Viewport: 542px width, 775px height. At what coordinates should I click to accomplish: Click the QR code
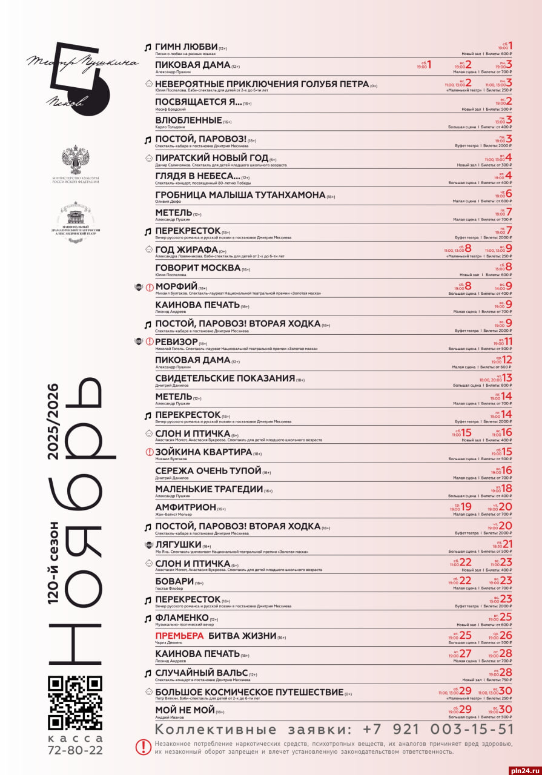pos(75,702)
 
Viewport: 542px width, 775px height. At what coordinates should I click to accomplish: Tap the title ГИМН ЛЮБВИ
pos(186,47)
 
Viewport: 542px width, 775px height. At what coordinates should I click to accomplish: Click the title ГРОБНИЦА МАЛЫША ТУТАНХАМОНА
pos(240,195)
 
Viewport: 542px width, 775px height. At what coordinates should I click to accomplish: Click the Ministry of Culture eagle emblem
pos(75,160)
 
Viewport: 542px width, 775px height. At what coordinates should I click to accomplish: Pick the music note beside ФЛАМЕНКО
pos(147,618)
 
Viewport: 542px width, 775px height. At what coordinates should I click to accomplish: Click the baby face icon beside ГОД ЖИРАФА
pos(148,249)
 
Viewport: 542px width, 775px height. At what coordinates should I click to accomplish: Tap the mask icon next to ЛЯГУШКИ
pos(148,545)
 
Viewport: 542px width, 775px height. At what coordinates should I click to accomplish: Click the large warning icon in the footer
pos(143,747)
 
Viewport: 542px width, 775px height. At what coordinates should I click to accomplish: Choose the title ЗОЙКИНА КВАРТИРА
pos(203,452)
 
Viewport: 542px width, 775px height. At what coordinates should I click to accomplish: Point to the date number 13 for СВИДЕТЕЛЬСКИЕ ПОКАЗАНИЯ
pos(507,378)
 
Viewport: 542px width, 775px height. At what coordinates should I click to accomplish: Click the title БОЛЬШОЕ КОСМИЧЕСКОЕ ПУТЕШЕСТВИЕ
pos(249,692)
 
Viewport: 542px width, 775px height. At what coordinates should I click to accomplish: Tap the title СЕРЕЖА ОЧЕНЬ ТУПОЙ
pos(208,470)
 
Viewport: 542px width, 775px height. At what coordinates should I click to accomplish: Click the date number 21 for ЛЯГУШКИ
pos(507,544)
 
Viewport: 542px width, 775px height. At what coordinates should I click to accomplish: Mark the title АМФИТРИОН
pos(185,507)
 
